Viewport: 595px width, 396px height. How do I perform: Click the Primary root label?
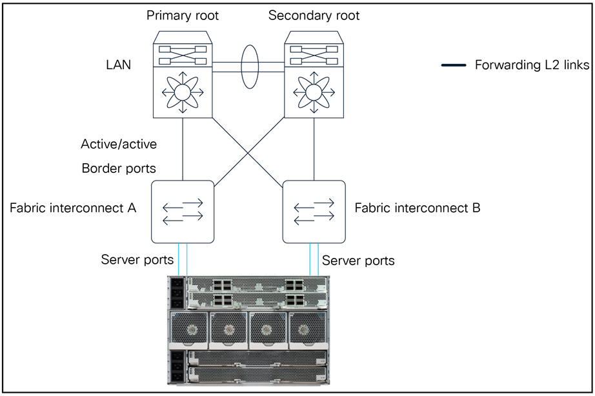coord(183,15)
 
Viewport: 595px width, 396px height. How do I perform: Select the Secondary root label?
coord(314,15)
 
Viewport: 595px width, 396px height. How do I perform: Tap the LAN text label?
coord(118,64)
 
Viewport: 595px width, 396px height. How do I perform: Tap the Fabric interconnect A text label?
coord(74,208)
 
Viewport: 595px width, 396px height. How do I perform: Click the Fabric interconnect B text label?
coord(418,208)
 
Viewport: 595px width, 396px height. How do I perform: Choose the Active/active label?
coord(119,143)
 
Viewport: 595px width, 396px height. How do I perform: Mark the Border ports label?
coord(119,168)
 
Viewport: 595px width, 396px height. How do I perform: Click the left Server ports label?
coord(137,260)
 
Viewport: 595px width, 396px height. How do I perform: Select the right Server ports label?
coord(358,261)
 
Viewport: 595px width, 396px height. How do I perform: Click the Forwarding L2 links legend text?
coord(532,65)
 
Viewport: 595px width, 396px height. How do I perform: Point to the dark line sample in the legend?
coord(454,65)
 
